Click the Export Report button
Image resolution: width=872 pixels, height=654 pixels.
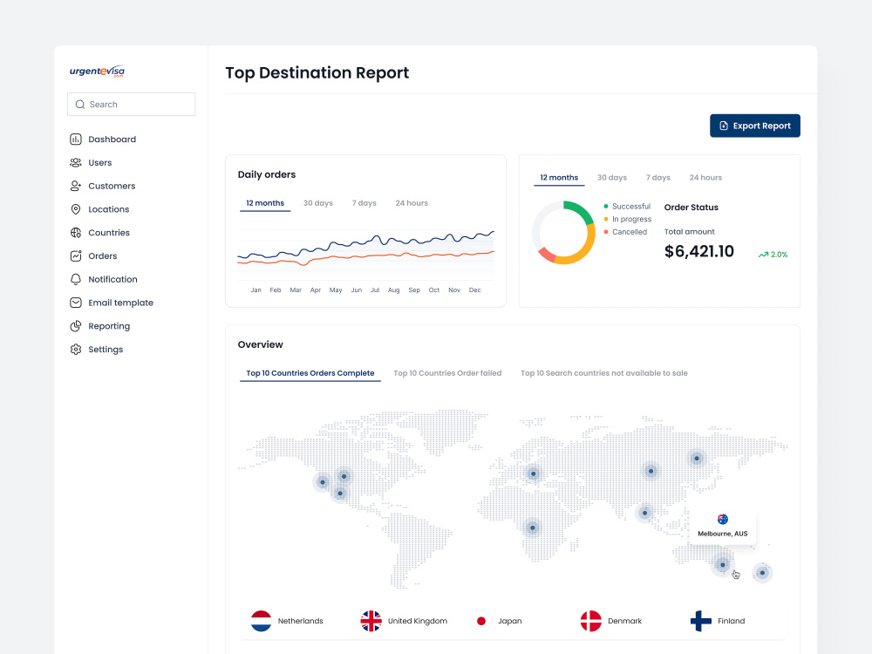click(754, 126)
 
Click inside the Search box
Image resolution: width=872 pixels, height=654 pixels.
click(132, 105)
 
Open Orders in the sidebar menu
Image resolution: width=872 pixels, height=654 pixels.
click(102, 255)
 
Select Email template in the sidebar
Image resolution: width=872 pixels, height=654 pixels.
click(120, 303)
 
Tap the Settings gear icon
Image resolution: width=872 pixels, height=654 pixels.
click(76, 350)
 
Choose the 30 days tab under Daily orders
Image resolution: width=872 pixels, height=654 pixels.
click(318, 203)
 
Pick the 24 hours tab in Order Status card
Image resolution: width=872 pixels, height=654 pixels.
click(705, 177)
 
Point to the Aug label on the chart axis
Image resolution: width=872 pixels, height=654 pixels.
click(394, 290)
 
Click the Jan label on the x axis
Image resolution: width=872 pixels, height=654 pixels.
click(255, 290)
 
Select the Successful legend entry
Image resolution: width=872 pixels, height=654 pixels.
click(627, 207)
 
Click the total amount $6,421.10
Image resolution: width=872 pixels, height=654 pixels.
click(699, 251)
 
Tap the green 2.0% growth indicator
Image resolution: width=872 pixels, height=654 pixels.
click(773, 254)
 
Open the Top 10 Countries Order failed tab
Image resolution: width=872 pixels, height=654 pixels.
click(447, 373)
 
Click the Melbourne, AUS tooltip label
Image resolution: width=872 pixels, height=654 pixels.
click(722, 534)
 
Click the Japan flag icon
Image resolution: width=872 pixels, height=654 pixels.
click(481, 621)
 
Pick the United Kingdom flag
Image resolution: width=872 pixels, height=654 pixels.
click(371, 621)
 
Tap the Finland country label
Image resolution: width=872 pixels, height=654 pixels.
click(731, 621)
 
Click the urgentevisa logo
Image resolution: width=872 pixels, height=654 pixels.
click(97, 72)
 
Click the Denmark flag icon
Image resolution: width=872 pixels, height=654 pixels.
click(591, 621)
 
